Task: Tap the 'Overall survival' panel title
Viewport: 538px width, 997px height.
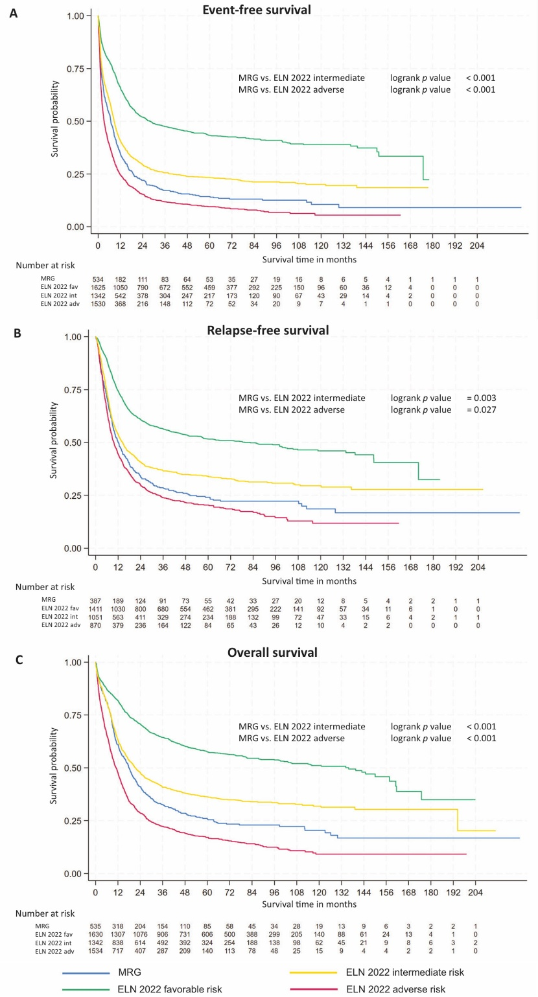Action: (x=272, y=652)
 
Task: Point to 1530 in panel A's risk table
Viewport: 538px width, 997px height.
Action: (x=99, y=303)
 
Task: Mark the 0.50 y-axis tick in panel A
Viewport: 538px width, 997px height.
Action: (x=76, y=121)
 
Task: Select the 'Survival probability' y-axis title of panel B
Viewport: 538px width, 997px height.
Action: (x=54, y=440)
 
